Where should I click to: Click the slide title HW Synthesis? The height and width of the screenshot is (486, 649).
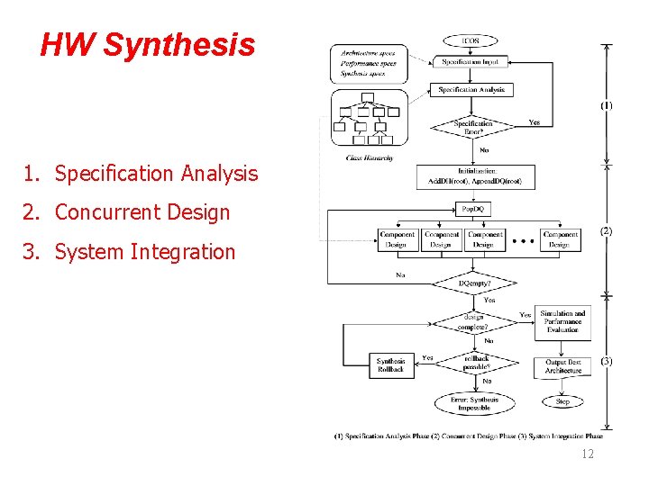pyautogui.click(x=148, y=44)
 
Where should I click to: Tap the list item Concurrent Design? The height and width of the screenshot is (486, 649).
pyautogui.click(x=142, y=212)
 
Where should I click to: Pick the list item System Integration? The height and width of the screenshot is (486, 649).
pyautogui.click(x=144, y=252)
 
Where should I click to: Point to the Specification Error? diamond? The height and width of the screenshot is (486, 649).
pyautogui.click(x=473, y=127)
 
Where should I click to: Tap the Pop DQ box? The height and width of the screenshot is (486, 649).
pyautogui.click(x=474, y=209)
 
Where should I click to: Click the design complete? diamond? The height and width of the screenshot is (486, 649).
pyautogui.click(x=474, y=321)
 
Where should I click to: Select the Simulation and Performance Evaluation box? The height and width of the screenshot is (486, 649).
pyautogui.click(x=562, y=322)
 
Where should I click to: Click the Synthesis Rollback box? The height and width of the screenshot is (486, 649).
pyautogui.click(x=391, y=365)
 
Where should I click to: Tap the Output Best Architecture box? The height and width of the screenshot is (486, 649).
pyautogui.click(x=562, y=365)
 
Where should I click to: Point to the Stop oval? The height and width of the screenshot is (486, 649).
pyautogui.click(x=562, y=401)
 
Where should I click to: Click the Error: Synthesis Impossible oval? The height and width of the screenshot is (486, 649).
pyautogui.click(x=474, y=403)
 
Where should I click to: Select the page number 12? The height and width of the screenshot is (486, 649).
pyautogui.click(x=588, y=454)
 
